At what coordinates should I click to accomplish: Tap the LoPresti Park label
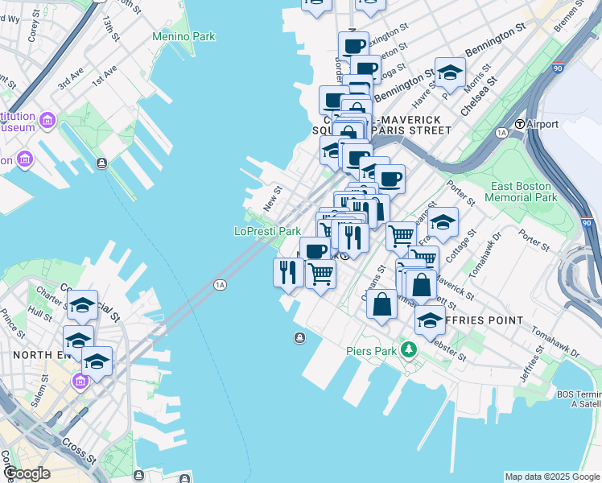click(267, 231)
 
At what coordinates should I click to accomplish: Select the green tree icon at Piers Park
click(409, 349)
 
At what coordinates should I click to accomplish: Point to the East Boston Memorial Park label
click(523, 192)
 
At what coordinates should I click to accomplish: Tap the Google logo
click(26, 473)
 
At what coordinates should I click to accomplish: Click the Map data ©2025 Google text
click(552, 477)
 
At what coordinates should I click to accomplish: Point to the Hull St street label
click(39, 310)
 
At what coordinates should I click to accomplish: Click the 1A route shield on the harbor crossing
click(220, 284)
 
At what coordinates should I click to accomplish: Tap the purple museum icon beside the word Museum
click(47, 121)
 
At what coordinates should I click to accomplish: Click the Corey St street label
click(35, 31)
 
